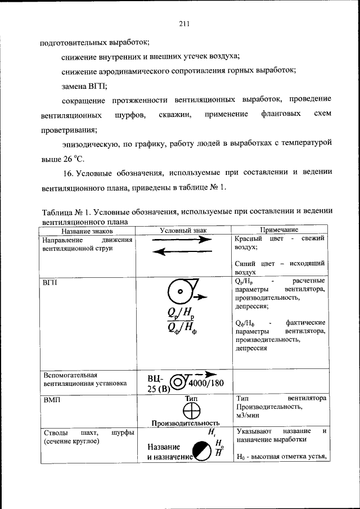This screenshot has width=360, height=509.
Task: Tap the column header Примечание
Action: click(x=280, y=231)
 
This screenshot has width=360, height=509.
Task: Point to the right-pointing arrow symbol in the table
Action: click(x=182, y=240)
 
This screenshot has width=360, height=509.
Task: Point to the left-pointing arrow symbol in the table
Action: click(x=182, y=251)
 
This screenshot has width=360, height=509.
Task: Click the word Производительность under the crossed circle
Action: click(x=184, y=423)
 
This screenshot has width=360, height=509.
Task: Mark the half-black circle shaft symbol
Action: click(x=200, y=451)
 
